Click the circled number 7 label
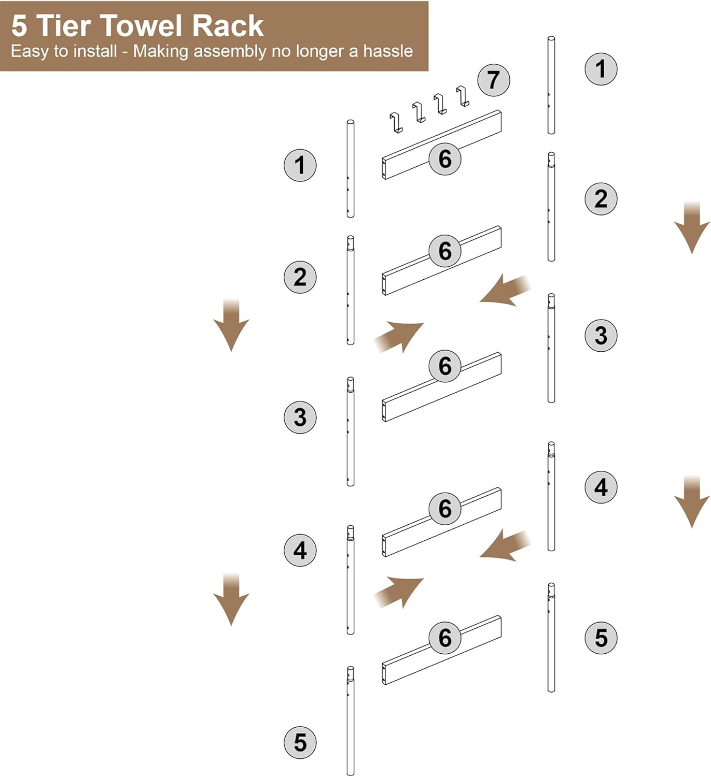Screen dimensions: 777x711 493,80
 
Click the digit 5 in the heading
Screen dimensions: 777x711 19,26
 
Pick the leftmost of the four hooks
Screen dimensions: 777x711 396,122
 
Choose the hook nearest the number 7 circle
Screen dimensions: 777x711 463,96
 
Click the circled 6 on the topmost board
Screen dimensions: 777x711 444,159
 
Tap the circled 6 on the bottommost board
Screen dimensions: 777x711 444,637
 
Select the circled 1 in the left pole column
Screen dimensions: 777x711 300,165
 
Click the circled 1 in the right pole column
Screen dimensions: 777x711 601,68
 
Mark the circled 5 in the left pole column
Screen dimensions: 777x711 300,742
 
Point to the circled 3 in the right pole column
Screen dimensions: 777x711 601,335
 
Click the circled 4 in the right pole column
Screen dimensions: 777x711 601,487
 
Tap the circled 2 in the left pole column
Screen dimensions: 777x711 300,277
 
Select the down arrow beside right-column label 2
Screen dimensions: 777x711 691,228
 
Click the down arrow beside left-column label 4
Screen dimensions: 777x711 231,599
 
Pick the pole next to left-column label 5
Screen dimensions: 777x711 351,721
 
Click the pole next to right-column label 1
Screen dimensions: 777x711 551,85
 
